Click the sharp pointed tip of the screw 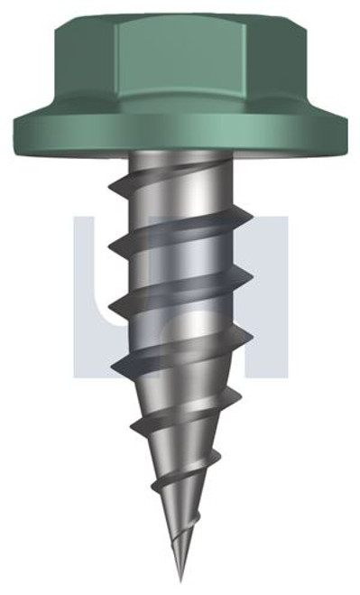pos(180,579)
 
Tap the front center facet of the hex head pos(180,68)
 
